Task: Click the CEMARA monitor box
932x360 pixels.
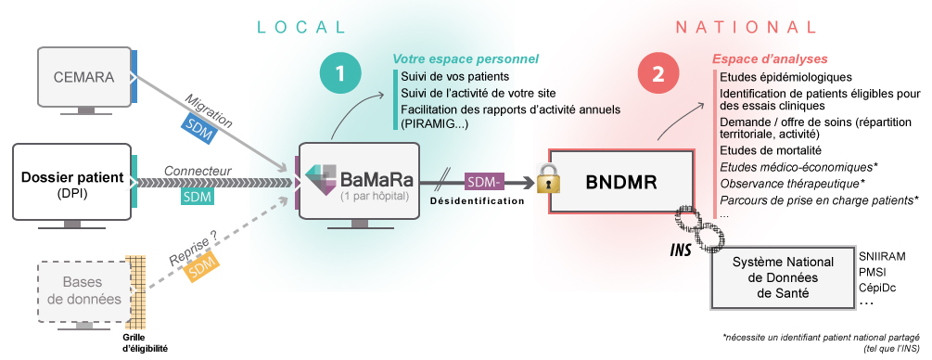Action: (x=84, y=77)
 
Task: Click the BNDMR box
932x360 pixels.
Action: (x=621, y=181)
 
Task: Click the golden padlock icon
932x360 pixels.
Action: (x=549, y=178)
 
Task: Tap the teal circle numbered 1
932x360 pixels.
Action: (x=339, y=74)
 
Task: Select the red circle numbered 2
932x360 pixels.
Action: (x=658, y=74)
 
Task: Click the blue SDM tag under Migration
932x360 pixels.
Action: (x=198, y=127)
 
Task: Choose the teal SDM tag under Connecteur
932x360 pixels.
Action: (x=198, y=195)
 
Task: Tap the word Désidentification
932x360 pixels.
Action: (x=478, y=201)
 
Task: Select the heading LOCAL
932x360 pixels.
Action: (x=300, y=27)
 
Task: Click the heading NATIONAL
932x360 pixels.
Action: (x=746, y=27)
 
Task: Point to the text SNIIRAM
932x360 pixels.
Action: (x=882, y=256)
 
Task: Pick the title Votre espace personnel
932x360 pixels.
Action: (x=466, y=58)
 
